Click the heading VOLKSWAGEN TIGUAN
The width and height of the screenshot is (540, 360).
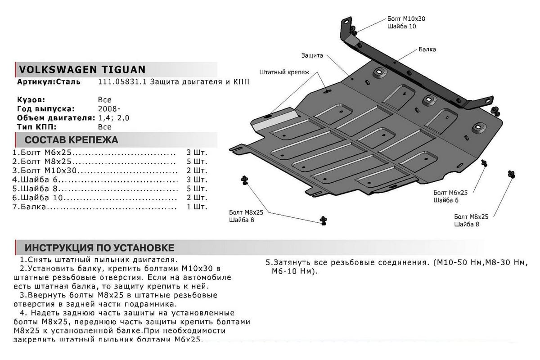tap(81, 69)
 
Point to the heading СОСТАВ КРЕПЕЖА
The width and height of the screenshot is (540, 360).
tap(71, 139)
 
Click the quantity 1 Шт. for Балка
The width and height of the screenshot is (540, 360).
tap(197, 207)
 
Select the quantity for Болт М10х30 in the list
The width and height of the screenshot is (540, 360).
tap(197, 171)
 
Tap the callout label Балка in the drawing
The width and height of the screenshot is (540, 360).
tap(427, 49)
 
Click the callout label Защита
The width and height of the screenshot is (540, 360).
tap(312, 56)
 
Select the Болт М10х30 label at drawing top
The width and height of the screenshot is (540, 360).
tap(406, 19)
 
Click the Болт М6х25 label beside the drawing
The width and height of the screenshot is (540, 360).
tap(450, 192)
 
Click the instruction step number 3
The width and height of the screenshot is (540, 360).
tap(22, 295)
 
